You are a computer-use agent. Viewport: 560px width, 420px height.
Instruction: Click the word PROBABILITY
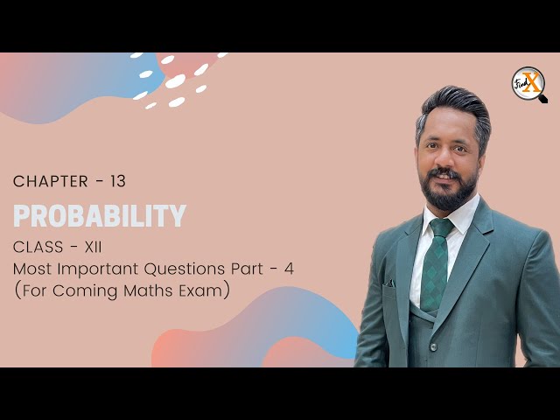[99, 215]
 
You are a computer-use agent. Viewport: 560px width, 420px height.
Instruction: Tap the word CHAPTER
[50, 182]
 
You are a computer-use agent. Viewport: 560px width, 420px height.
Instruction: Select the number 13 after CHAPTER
[117, 182]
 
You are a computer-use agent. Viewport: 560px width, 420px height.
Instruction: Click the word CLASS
[40, 247]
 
